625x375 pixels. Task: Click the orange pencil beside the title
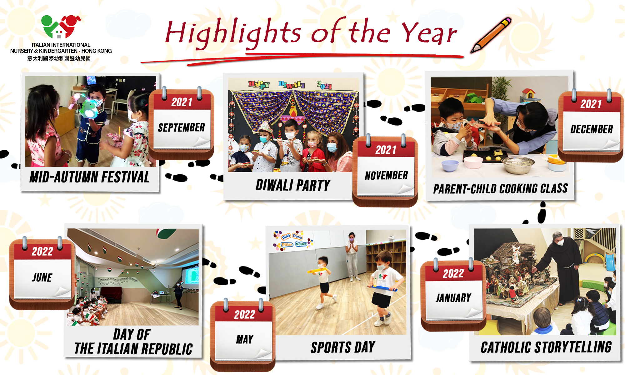[x=491, y=35]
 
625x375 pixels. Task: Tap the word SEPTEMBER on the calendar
[x=181, y=127]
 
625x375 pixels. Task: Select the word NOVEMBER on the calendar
[x=386, y=175]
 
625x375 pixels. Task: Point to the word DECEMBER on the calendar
[x=592, y=129]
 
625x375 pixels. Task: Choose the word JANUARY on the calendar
[x=453, y=297]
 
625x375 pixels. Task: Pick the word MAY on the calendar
[x=245, y=339]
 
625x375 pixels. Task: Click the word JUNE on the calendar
[x=42, y=277]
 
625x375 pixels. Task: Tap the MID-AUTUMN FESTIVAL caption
[x=90, y=177]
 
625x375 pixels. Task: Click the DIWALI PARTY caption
[x=293, y=185]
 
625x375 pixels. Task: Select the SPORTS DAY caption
[x=343, y=347]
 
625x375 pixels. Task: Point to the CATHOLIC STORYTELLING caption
[x=546, y=347]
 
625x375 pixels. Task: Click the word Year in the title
[x=429, y=32]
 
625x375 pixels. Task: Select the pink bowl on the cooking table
[x=473, y=162]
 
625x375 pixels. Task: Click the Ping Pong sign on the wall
[x=292, y=240]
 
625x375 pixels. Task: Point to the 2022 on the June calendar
[x=42, y=252]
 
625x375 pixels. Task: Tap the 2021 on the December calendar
[x=591, y=104]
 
